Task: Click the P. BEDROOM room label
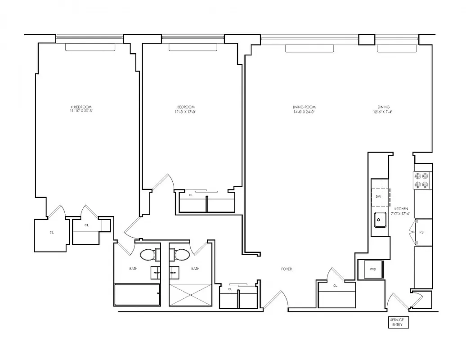coord(81,107)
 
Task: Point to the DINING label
coord(380,107)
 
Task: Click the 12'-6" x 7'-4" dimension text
coord(380,112)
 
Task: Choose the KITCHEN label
coord(401,209)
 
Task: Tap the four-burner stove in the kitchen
coord(423,180)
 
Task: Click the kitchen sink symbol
coord(380,220)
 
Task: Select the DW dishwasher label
coord(378,197)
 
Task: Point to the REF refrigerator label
coord(422,232)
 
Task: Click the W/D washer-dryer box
coord(373,270)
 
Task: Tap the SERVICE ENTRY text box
coord(398,322)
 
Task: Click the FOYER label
coord(287,269)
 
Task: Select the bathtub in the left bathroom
coord(137,294)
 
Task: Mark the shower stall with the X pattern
coord(190,295)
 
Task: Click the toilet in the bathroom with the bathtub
coord(148,255)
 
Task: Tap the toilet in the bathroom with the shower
coord(181,255)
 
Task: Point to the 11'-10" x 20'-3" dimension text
coord(81,111)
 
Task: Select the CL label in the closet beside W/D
coord(336,286)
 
